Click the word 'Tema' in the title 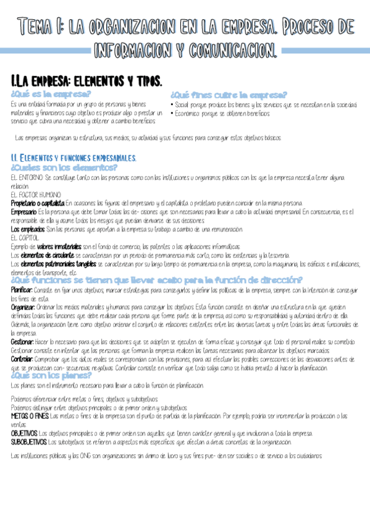pyautogui.click(x=34, y=27)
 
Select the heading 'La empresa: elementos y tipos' pyautogui.click(x=86, y=81)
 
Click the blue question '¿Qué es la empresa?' pyautogui.click(x=51, y=94)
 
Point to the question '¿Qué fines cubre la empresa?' pyautogui.click(x=228, y=95)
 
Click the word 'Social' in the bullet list pyautogui.click(x=183, y=104)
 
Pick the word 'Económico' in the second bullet pyautogui.click(x=188, y=113)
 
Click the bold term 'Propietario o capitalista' pyautogui.click(x=38, y=203)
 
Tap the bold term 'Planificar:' pyautogui.click(x=22, y=289)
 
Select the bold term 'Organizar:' pyautogui.click(x=23, y=307)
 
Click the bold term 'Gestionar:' pyautogui.click(x=22, y=342)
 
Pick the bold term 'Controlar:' pyautogui.click(x=22, y=359)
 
